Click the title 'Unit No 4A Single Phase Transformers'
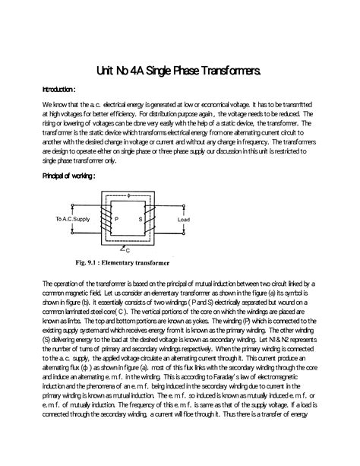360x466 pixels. [x=179, y=71]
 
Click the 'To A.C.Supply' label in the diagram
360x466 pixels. [x=71, y=219]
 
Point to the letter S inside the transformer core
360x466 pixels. [x=141, y=219]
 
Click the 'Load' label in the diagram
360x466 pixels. [x=184, y=219]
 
